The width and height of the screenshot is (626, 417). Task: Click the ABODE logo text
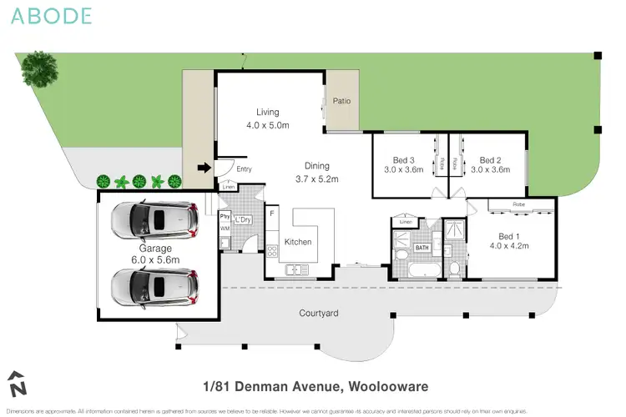(52, 16)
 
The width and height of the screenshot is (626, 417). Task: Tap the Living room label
(267, 112)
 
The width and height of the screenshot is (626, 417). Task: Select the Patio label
(342, 101)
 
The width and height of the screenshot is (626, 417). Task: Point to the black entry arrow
(203, 168)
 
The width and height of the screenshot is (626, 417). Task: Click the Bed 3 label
(402, 161)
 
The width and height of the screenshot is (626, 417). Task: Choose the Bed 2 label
(490, 161)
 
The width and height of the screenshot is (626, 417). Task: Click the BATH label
(422, 248)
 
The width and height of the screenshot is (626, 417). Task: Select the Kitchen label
(298, 242)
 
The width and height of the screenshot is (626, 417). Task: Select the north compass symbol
(18, 384)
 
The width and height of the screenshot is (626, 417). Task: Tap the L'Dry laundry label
(243, 219)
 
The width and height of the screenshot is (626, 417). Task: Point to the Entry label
(244, 169)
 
